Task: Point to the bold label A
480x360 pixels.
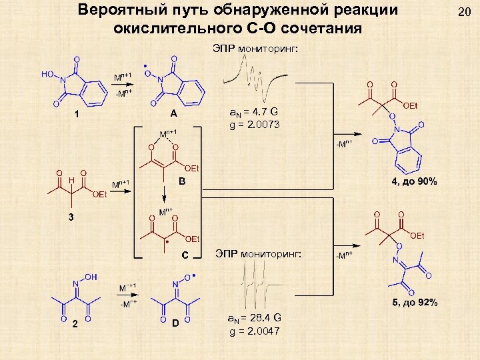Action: pyautogui.click(x=173, y=113)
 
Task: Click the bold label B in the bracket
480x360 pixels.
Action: pyautogui.click(x=181, y=181)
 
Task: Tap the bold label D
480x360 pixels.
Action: pyautogui.click(x=174, y=323)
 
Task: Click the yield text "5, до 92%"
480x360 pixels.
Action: pyautogui.click(x=415, y=303)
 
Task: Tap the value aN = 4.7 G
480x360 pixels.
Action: pyautogui.click(x=255, y=111)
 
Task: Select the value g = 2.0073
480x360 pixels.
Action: pyautogui.click(x=255, y=125)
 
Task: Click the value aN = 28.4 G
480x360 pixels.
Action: pyautogui.click(x=255, y=317)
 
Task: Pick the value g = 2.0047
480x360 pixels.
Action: pyautogui.click(x=255, y=331)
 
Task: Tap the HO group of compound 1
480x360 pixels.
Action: pyautogui.click(x=48, y=75)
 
